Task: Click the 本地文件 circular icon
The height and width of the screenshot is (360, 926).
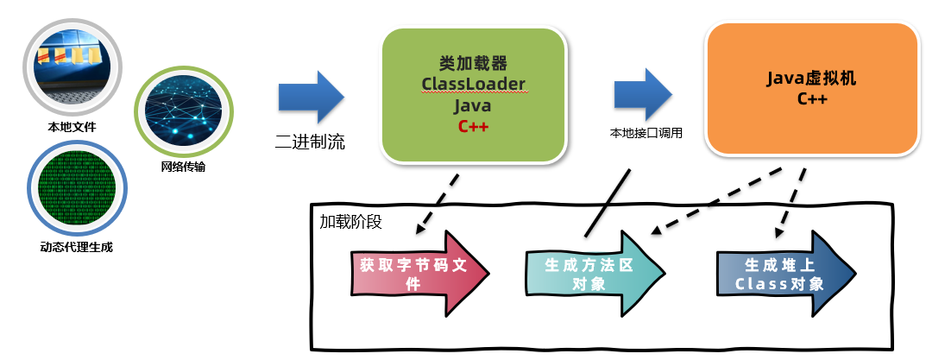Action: pyautogui.click(x=72, y=68)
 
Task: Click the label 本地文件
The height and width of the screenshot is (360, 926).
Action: pyautogui.click(x=72, y=128)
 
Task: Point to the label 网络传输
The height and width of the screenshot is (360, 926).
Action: pyautogui.click(x=183, y=167)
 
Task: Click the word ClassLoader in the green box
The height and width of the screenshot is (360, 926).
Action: pyautogui.click(x=473, y=85)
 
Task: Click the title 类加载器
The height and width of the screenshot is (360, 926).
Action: pyautogui.click(x=473, y=63)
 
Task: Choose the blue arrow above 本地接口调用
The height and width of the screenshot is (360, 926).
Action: pyautogui.click(x=643, y=94)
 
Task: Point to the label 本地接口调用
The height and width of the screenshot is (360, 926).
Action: pyautogui.click(x=646, y=134)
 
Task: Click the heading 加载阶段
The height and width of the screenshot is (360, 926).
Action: pyautogui.click(x=350, y=220)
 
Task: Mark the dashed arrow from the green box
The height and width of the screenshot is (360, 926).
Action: pyautogui.click(x=438, y=205)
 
